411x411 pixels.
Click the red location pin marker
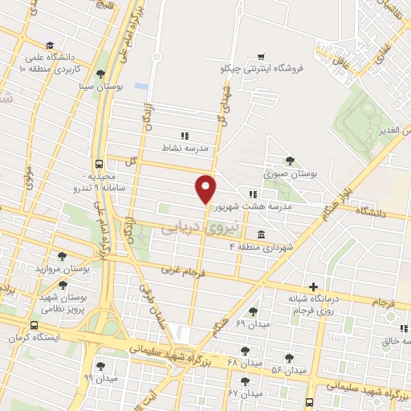point(206,189)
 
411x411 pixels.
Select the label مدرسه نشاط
point(185,149)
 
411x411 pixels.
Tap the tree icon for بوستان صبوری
point(290,161)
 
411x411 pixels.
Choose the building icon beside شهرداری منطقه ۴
point(262,234)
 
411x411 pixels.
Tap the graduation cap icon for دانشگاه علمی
point(50,46)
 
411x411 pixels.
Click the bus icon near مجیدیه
point(100,163)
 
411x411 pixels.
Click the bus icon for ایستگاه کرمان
point(34,326)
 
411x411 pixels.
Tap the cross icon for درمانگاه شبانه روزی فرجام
point(313,286)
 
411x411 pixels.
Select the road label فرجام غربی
point(182,272)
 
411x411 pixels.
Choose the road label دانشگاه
point(368,214)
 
